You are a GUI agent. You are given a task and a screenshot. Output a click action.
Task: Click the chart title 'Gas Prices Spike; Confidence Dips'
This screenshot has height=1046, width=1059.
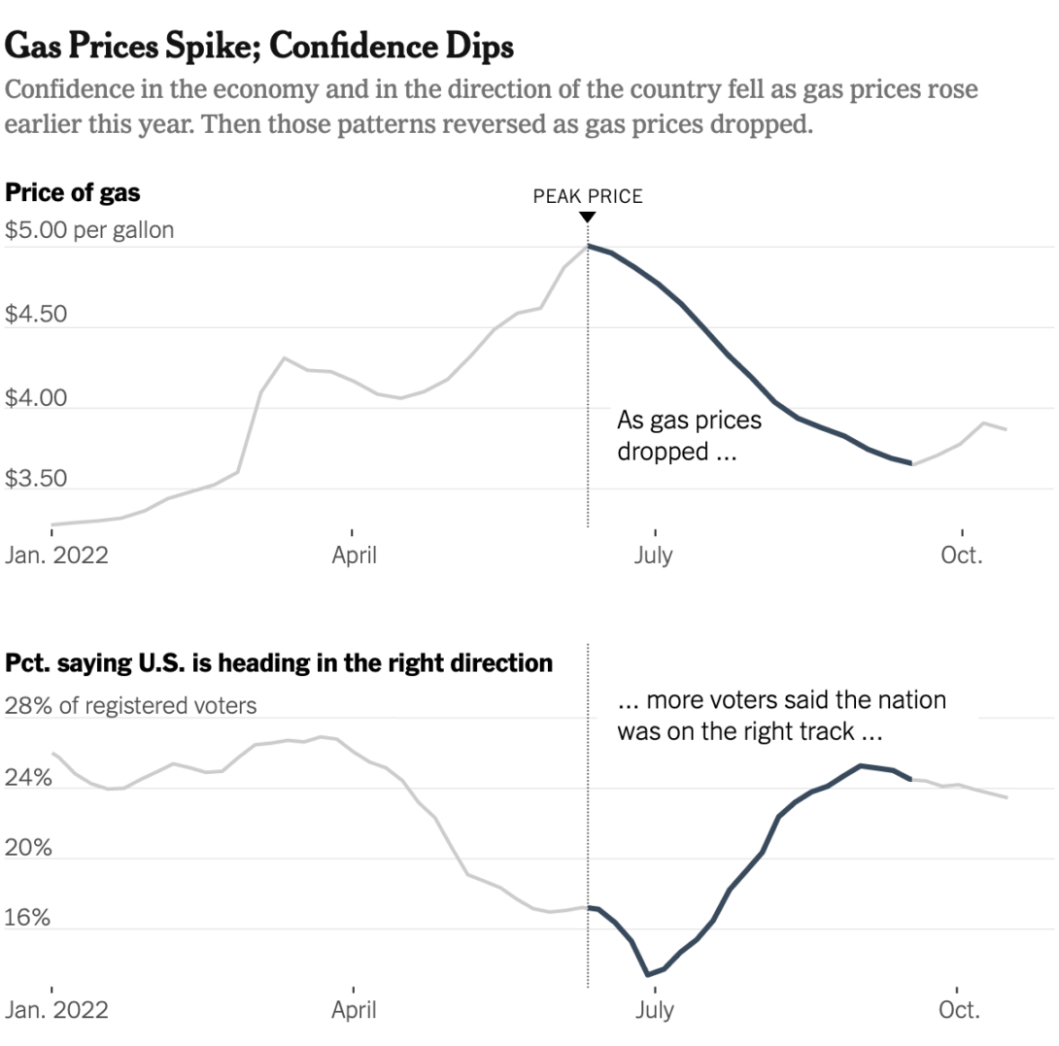click(x=258, y=47)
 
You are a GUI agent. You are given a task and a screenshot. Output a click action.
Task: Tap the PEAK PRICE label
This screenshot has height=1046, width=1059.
click(x=588, y=196)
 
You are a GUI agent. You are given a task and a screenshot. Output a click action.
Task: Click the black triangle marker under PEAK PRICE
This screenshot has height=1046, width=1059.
click(x=588, y=218)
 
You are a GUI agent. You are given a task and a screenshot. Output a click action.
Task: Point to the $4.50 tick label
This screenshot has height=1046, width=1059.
click(x=36, y=314)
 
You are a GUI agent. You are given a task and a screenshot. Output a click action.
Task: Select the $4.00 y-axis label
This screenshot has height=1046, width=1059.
click(x=36, y=398)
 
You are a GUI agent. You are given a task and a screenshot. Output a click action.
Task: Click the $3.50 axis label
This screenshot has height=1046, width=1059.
click(x=36, y=478)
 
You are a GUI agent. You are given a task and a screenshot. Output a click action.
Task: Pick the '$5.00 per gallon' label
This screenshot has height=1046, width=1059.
click(x=89, y=230)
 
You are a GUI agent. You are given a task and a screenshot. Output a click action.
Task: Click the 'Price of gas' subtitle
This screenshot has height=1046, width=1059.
click(x=72, y=193)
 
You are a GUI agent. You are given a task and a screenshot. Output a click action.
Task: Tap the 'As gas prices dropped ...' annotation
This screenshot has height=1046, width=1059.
click(x=689, y=435)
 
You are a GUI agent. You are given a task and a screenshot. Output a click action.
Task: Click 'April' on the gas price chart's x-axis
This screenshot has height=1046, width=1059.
click(x=354, y=556)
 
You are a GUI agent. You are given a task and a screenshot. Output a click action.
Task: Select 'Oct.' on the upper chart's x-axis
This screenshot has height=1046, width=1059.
click(x=961, y=556)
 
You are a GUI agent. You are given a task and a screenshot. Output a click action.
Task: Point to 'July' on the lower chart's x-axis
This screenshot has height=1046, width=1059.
click(x=655, y=1010)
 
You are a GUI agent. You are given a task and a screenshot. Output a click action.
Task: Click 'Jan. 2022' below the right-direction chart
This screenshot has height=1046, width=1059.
click(x=56, y=1009)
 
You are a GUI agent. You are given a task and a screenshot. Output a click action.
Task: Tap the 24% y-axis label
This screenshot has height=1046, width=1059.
click(x=28, y=778)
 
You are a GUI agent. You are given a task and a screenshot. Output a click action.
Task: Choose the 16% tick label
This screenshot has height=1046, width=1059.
click(x=27, y=918)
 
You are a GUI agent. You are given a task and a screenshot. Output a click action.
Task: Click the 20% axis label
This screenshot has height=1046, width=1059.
click(x=28, y=848)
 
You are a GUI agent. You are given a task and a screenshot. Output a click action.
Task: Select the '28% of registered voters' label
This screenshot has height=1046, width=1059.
click(x=130, y=706)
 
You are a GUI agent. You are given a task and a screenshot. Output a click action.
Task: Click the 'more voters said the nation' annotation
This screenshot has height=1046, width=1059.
click(x=781, y=700)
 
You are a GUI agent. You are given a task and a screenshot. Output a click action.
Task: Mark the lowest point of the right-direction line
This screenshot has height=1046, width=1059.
click(x=648, y=974)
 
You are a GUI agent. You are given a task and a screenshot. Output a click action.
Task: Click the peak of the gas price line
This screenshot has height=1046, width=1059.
click(x=588, y=246)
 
